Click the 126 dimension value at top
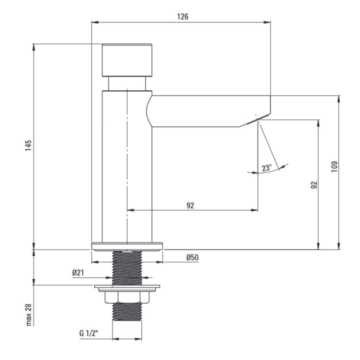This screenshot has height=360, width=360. coord(183,16)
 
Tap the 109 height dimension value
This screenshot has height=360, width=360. coord(333,166)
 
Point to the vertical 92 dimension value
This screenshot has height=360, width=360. coord(313,184)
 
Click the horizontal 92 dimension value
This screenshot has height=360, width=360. coord(190,205)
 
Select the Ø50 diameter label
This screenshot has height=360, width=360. coord(192,257)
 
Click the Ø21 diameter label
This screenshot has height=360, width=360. coord(78,272)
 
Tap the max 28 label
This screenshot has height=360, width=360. coord(28,314)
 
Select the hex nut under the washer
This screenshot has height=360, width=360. coord(127,297)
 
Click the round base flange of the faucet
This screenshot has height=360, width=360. coord(128,245)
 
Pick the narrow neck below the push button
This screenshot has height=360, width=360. coord(127,83)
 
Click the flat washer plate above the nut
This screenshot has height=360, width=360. coord(127,287)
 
